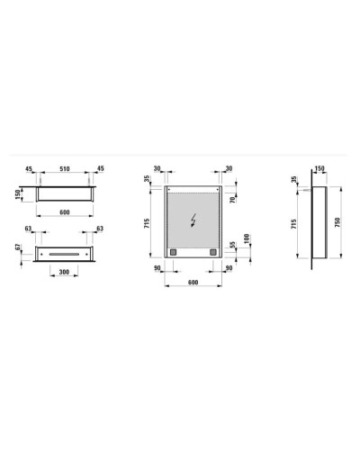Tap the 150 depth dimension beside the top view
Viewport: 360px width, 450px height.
point(18,194)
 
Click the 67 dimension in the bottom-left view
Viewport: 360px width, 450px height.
point(18,247)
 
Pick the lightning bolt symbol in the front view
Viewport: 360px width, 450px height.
point(195,220)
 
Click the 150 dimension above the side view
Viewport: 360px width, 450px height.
point(320,167)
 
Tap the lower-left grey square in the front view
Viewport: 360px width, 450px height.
point(176,252)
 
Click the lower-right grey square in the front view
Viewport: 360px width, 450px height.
point(211,252)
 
